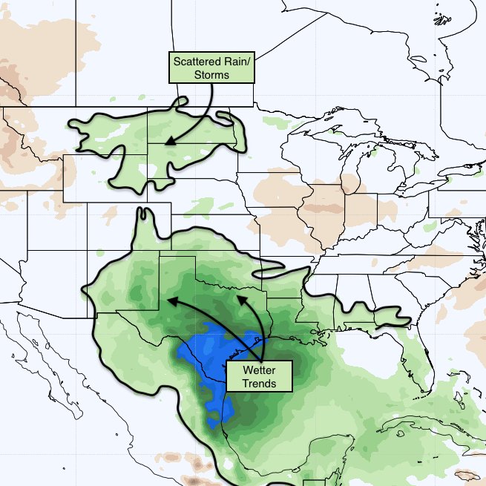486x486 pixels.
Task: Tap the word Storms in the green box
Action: point(211,75)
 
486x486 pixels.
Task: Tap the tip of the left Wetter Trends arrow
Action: point(166,301)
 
